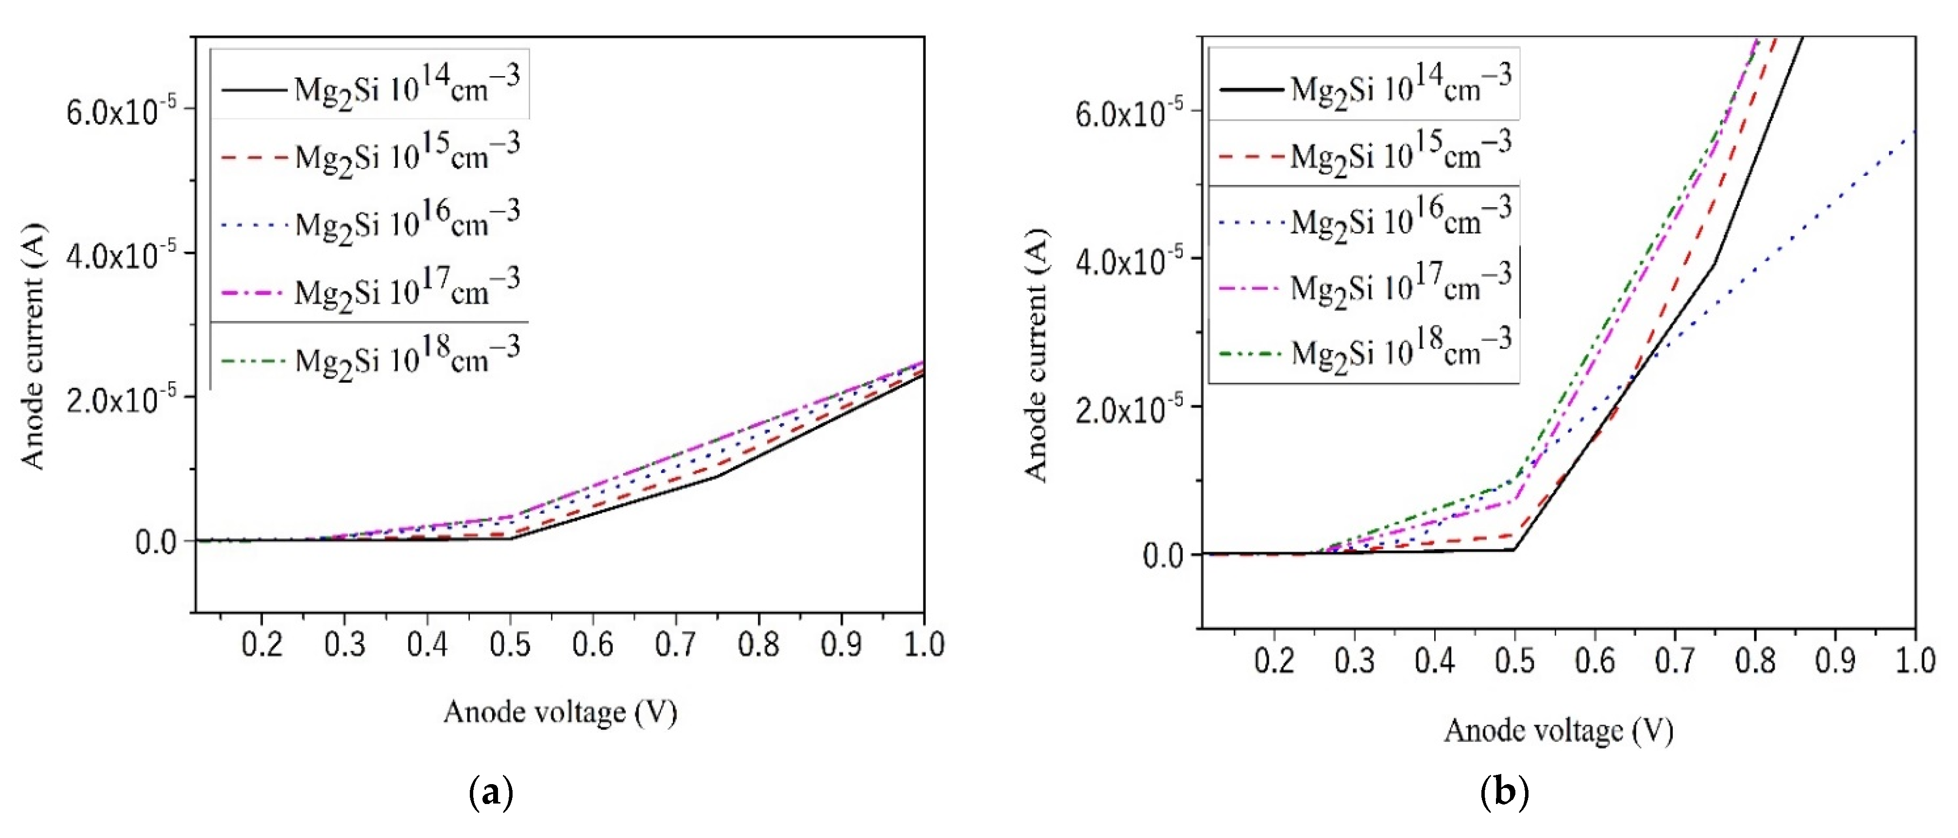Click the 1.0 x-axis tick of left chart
tap(923, 644)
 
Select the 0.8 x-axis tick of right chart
tap(1754, 660)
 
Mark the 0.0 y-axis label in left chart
tap(156, 542)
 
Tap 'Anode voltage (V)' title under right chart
tap(1558, 731)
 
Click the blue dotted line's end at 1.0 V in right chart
tap(1912, 133)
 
